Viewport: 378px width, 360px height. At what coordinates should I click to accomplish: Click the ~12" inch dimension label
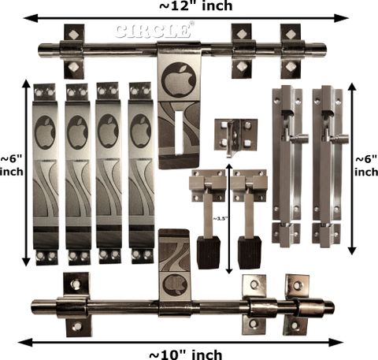click(x=196, y=6)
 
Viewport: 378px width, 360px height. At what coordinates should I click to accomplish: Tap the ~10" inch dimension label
click(x=186, y=355)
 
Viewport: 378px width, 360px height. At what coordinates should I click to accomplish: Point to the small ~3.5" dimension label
click(x=220, y=218)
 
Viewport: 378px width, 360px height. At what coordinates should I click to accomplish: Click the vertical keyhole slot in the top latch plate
click(x=179, y=132)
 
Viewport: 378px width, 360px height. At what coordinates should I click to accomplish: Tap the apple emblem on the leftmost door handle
click(x=45, y=132)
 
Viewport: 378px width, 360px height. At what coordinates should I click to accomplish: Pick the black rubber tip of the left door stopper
click(x=209, y=252)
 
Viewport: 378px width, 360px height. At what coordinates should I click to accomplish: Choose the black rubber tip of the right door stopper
click(x=250, y=252)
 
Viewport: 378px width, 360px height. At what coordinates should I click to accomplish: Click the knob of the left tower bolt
click(x=302, y=138)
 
